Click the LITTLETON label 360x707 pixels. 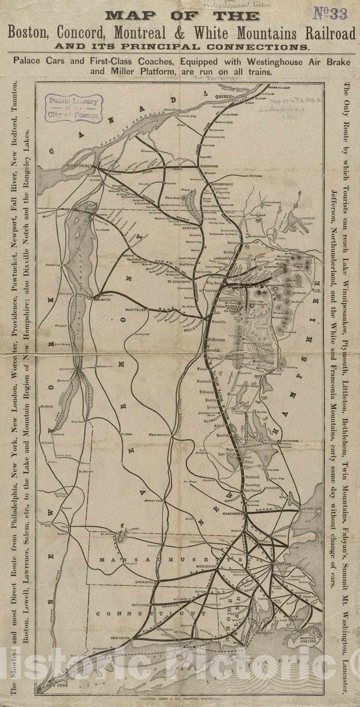(210, 291)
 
